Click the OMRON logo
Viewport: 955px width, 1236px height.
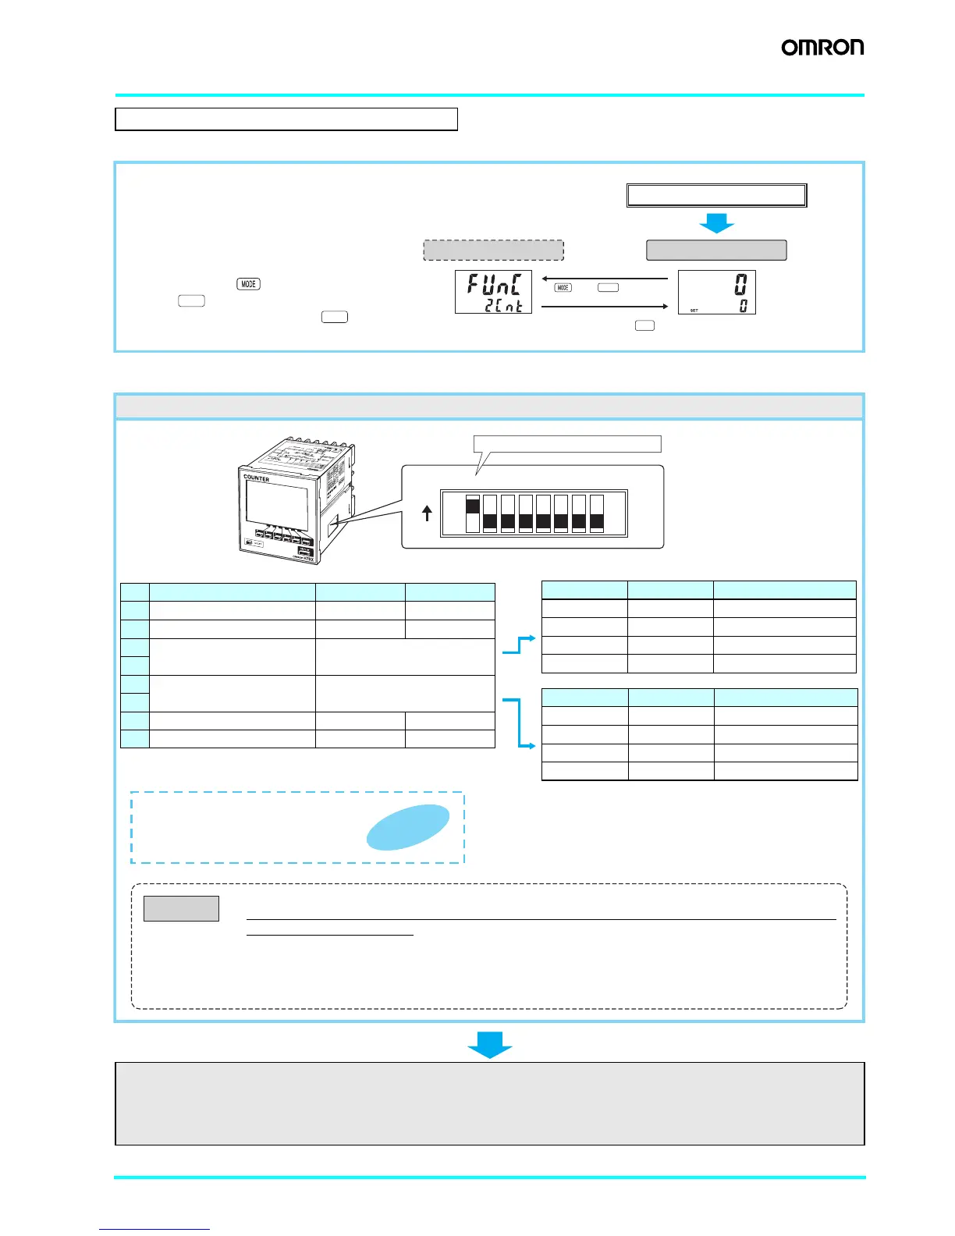[x=822, y=48]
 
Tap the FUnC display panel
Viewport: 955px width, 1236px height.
[x=493, y=292]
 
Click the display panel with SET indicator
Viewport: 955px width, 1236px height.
[x=716, y=292]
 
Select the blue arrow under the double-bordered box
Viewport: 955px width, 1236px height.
[x=716, y=223]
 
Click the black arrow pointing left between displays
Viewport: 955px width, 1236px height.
[x=605, y=278]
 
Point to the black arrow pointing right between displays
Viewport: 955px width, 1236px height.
[x=605, y=307]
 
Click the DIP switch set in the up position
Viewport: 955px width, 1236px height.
[x=472, y=513]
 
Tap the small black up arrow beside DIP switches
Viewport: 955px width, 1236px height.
[x=427, y=513]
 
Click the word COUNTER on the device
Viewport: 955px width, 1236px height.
[x=256, y=478]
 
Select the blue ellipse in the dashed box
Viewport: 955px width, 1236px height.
[x=408, y=826]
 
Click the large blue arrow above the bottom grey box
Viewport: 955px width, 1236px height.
[x=490, y=1044]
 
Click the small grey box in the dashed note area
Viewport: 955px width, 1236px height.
[x=181, y=908]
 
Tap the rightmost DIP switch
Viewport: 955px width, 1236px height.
[x=597, y=513]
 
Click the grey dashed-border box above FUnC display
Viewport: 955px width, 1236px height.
[x=493, y=250]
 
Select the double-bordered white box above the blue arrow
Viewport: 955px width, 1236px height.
[x=716, y=195]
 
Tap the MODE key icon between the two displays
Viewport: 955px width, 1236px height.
[x=563, y=287]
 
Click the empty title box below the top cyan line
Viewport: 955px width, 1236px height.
[x=286, y=119]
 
